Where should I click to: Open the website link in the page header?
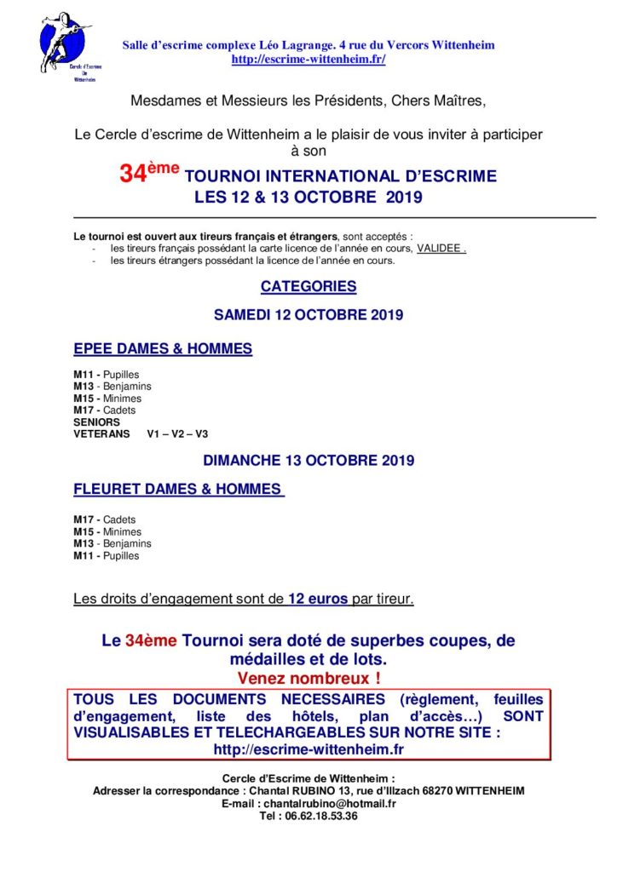(x=308, y=59)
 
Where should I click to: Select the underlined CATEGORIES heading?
(x=308, y=287)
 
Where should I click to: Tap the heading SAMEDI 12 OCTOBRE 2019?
(x=308, y=314)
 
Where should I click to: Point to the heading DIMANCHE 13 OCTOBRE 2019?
(x=308, y=461)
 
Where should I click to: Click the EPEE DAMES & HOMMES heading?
(x=163, y=349)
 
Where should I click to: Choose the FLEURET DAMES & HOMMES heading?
(x=178, y=490)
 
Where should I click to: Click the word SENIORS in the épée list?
(x=97, y=422)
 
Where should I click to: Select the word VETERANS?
(x=102, y=433)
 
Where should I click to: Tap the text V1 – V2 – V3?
(x=177, y=433)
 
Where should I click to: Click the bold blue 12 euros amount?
(x=318, y=599)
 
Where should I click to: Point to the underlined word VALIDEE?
(x=441, y=249)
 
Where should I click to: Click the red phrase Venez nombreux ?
(x=308, y=679)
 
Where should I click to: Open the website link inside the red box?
(x=308, y=749)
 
